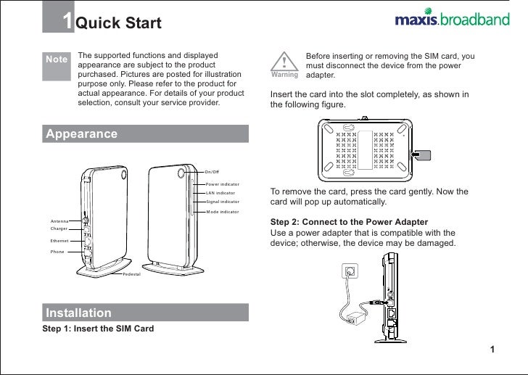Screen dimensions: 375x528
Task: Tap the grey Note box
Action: pos(56,59)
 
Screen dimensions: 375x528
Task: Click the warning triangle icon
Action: pos(284,61)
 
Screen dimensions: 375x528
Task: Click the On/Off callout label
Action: pos(212,172)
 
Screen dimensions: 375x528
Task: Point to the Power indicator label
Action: pos(222,184)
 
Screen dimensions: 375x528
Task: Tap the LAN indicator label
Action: pos(220,193)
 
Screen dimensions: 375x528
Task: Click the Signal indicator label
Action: pos(222,202)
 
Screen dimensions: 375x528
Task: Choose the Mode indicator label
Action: pos(222,211)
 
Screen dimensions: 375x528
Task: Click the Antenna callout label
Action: pos(59,221)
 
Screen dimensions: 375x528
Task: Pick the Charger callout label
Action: pos(59,228)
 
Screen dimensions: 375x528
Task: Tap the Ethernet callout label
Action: pos(59,240)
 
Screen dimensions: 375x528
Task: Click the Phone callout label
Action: pos(57,252)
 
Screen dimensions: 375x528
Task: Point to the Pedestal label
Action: pos(131,275)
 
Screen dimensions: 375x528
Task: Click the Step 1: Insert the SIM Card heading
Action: pos(98,329)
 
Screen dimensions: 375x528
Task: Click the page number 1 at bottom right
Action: pos(492,351)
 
